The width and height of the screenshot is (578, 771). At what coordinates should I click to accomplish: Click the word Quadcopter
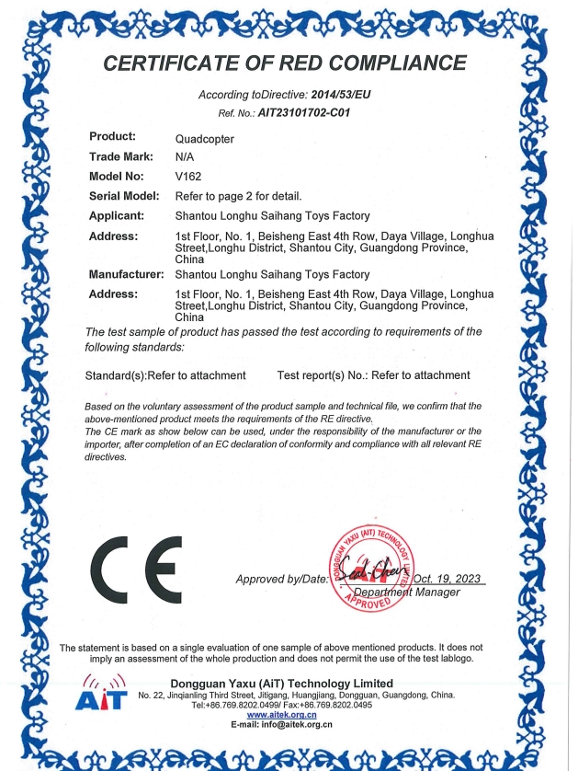tap(204, 138)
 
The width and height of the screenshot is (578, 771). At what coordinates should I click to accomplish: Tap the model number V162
tap(187, 176)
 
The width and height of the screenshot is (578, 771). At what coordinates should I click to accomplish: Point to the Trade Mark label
tap(120, 157)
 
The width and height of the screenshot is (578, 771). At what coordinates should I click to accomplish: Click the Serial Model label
tap(124, 195)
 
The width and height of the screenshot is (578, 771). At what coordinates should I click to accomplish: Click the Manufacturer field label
tap(126, 274)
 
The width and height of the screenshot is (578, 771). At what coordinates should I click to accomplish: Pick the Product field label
tap(112, 138)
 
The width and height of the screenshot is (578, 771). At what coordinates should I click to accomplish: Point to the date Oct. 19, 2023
tap(448, 578)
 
